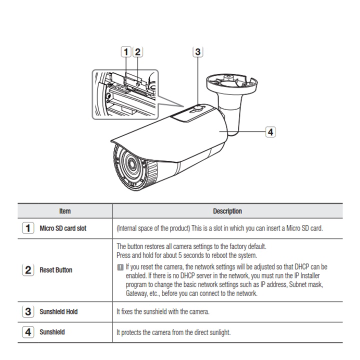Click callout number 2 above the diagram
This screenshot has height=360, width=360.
click(x=137, y=51)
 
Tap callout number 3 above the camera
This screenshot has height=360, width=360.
click(x=197, y=51)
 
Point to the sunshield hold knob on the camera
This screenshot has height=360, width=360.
click(x=198, y=107)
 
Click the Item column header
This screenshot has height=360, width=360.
click(x=64, y=211)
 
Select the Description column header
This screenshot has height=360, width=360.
click(x=227, y=211)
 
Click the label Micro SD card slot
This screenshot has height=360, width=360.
click(x=63, y=228)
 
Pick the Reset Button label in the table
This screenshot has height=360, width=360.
click(x=56, y=270)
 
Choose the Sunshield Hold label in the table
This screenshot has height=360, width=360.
click(x=58, y=311)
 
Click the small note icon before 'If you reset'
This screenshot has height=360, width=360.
click(x=120, y=267)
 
